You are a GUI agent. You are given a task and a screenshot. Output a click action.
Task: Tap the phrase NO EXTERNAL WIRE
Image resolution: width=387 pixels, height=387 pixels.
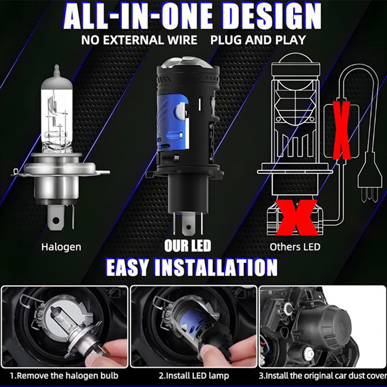click(x=139, y=40)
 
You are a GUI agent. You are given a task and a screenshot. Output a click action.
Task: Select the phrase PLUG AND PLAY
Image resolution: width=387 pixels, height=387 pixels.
click(x=258, y=40)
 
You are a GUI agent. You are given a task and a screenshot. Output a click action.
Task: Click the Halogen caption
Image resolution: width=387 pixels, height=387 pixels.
click(x=61, y=247)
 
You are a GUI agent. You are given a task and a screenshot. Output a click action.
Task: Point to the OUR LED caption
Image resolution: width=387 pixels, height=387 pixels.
click(x=188, y=246)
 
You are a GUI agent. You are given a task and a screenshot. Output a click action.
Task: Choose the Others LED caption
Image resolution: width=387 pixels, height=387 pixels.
click(x=295, y=247)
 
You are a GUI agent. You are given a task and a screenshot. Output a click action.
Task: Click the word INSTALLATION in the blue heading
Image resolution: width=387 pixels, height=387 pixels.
click(x=214, y=268)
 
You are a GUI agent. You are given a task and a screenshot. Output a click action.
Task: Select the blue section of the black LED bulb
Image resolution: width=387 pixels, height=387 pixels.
click(x=173, y=122)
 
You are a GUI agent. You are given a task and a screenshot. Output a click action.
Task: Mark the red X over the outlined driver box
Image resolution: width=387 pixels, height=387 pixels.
click(x=342, y=130)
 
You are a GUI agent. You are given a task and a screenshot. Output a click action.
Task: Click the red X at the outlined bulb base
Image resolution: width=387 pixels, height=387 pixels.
click(x=297, y=217)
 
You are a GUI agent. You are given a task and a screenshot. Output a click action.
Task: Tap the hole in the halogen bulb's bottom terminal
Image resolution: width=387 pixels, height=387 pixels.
click(x=56, y=220)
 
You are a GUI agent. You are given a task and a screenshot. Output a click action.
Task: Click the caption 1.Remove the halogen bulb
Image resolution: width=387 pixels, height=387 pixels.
click(x=64, y=376)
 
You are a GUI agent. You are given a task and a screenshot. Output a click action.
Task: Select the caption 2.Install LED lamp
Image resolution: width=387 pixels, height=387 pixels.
click(x=194, y=376)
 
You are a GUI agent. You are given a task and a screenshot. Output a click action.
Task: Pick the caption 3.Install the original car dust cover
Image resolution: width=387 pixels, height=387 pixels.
click(x=323, y=376)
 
